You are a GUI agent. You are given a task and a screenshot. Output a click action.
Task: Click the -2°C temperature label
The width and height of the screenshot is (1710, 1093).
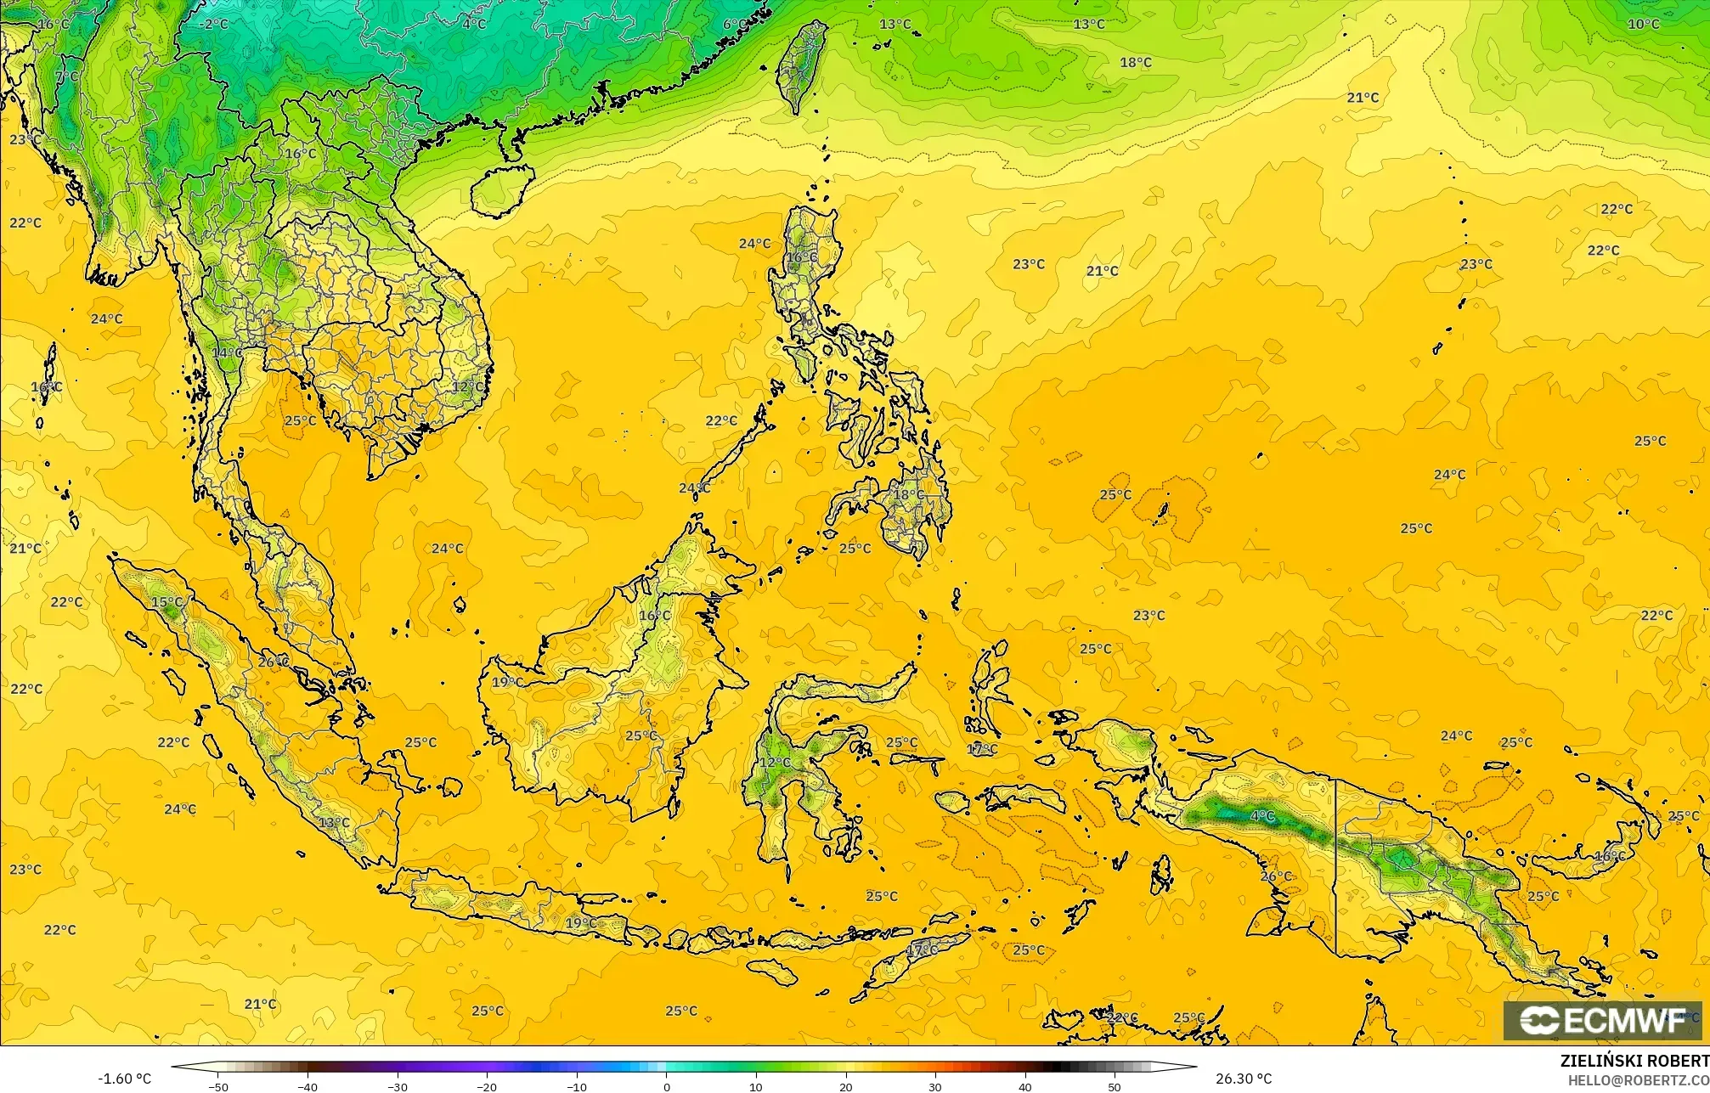click(213, 25)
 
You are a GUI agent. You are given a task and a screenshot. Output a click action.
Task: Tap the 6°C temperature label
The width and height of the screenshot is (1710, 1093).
click(734, 25)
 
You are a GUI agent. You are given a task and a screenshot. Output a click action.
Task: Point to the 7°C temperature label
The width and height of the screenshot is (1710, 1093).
click(67, 76)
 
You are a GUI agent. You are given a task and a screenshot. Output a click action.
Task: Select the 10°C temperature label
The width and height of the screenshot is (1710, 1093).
click(1643, 25)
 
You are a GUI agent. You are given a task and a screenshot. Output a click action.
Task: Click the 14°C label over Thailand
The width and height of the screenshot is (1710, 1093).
click(227, 352)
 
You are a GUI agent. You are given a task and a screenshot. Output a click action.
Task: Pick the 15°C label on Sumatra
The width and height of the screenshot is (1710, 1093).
click(166, 602)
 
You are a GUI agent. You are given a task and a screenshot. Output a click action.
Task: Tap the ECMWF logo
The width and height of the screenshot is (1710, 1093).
click(1605, 1021)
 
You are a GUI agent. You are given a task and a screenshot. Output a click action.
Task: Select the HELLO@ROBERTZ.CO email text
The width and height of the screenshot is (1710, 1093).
click(1638, 1079)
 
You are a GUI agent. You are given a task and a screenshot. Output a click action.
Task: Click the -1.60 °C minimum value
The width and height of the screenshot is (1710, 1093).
click(125, 1079)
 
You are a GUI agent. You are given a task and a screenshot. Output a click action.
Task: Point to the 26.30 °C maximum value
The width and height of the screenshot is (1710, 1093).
click(1243, 1079)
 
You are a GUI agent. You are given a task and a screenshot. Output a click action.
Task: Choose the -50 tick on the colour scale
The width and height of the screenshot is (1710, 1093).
click(219, 1086)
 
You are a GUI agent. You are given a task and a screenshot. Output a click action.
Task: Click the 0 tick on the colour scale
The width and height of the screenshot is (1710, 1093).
click(667, 1086)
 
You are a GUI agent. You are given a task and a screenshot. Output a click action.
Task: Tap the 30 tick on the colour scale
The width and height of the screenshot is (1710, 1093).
click(934, 1086)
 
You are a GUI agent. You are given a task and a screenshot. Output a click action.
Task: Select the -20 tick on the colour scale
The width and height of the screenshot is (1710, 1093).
click(487, 1086)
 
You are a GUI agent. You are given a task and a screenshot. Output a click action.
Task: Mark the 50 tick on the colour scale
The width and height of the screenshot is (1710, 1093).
click(1114, 1086)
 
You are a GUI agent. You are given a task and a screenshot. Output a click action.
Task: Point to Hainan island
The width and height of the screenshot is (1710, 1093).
click(501, 191)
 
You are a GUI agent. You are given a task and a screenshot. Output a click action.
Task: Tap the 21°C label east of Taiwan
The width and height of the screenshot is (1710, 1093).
click(1363, 98)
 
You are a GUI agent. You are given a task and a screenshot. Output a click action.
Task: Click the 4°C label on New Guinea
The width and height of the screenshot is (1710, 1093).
click(1263, 816)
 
